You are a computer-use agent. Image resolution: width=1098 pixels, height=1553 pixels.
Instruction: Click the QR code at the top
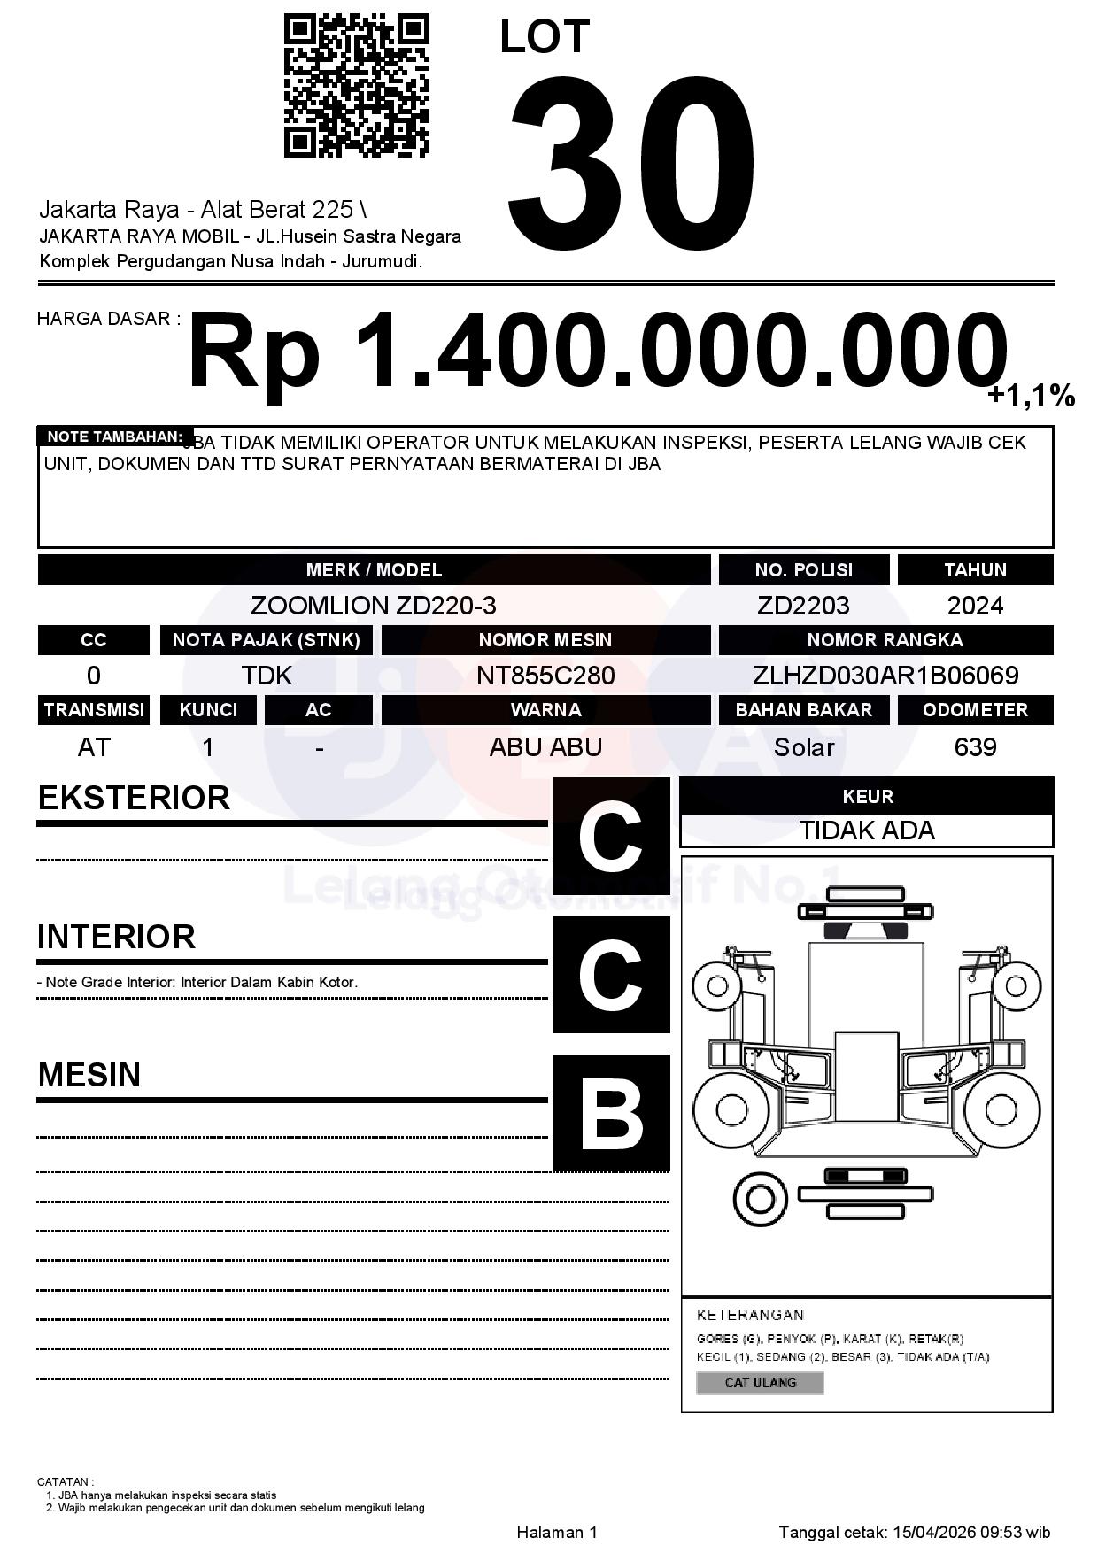pos(356,85)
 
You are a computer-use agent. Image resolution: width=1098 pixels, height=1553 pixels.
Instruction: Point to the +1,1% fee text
pos(1031,396)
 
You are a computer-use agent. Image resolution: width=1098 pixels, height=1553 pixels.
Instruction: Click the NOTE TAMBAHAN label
pos(114,437)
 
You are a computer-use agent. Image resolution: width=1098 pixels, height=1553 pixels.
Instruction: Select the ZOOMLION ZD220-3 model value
pos(373,606)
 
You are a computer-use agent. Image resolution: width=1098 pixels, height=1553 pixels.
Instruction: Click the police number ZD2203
pos(803,606)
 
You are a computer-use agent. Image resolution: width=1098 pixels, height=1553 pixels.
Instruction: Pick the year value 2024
pos(975,606)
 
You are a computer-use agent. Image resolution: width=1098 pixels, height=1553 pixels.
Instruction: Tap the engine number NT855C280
pos(545,676)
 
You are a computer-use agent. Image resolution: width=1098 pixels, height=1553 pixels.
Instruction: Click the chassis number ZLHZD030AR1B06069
pos(885,676)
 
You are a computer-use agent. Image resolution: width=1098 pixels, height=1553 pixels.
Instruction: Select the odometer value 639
pos(975,747)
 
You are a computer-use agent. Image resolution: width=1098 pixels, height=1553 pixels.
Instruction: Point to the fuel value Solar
pos(803,747)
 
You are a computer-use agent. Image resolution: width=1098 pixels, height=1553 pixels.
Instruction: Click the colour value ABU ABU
pos(545,747)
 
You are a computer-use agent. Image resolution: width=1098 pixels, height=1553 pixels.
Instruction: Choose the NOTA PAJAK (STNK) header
pos(266,639)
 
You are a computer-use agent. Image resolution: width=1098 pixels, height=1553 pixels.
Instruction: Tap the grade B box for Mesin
pos(611,1113)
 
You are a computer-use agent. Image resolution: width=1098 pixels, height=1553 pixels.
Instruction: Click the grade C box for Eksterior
pos(611,836)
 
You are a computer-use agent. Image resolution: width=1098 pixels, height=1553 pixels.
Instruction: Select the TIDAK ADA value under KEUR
pos(867,831)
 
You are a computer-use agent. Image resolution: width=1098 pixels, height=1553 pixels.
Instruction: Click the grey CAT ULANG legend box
pos(760,1382)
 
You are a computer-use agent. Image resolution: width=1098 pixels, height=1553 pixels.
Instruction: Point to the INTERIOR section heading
pos(116,936)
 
